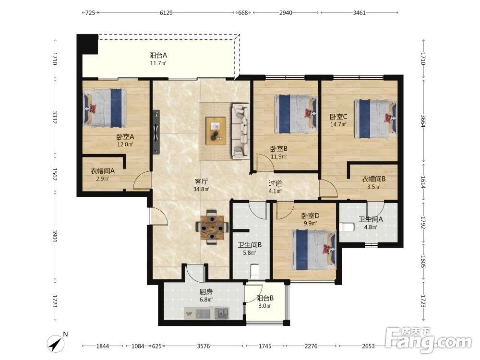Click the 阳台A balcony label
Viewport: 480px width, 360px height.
pos(158,55)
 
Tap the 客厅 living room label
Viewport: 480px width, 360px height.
pos(201,181)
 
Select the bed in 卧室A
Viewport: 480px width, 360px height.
pos(105,108)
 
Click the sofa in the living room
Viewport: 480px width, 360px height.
pos(240,132)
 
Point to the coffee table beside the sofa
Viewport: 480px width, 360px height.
pos(216,131)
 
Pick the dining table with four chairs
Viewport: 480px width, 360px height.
pos(212,227)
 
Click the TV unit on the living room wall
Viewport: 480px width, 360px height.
pos(156,132)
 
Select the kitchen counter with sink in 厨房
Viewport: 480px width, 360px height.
pos(206,313)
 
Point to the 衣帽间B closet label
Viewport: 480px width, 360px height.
pos(373,179)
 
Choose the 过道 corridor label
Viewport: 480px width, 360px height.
pos(275,183)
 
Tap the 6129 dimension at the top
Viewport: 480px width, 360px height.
pos(166,12)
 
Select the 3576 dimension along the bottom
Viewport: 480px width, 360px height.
pos(203,346)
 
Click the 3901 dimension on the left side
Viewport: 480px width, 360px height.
pos(55,236)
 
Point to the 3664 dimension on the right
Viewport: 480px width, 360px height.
pos(423,121)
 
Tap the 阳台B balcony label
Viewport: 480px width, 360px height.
pos(265,298)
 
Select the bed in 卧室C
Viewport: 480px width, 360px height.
pos(375,119)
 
